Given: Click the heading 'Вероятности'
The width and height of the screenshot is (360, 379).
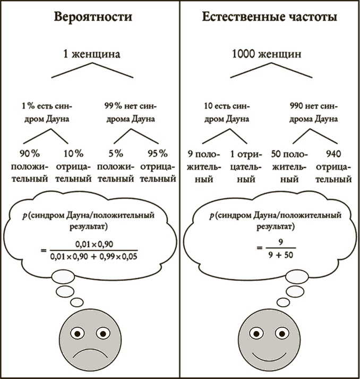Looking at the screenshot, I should click(x=93, y=17).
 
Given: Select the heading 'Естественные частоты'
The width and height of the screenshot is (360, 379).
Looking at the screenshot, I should click(x=269, y=17).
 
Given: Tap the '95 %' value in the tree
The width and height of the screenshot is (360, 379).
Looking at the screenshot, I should click(x=157, y=154).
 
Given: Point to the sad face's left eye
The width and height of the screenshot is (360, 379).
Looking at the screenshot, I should click(x=78, y=333).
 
